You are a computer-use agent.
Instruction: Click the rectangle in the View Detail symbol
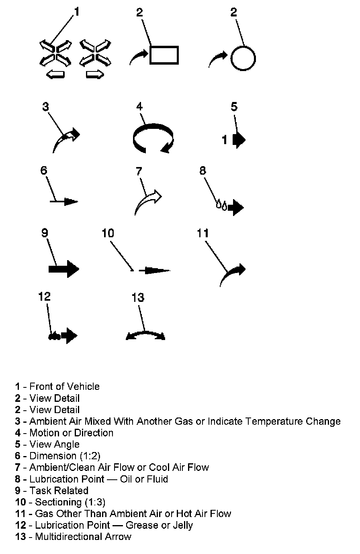(164, 55)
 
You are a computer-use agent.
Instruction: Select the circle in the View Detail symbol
(243, 58)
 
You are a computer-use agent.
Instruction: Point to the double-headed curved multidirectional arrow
(145, 335)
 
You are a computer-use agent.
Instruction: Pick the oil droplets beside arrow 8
(222, 205)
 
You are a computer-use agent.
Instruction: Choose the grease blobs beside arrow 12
(55, 336)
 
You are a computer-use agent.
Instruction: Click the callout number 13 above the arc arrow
(138, 297)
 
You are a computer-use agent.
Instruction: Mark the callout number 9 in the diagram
(45, 233)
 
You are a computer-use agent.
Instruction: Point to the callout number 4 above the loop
(139, 106)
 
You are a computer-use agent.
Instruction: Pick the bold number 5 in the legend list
(18, 444)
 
